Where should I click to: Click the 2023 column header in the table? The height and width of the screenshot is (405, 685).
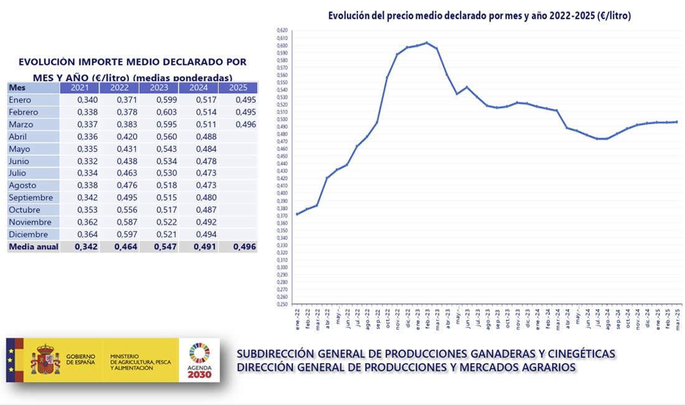(159, 87)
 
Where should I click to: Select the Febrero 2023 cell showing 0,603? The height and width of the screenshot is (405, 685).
(159, 112)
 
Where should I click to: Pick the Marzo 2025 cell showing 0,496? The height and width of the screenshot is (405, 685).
(239, 125)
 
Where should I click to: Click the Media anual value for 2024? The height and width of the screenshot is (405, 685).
(199, 247)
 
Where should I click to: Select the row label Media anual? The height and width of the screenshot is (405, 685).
(33, 247)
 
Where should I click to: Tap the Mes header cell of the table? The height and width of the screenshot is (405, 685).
(33, 87)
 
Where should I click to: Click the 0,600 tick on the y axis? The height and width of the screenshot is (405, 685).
(283, 45)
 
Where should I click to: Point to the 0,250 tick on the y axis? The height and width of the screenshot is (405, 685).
(283, 304)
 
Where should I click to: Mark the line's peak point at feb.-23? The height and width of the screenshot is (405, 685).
(427, 42)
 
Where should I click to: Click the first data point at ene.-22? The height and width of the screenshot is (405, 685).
(297, 214)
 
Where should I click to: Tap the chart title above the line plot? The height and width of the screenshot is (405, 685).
(479, 16)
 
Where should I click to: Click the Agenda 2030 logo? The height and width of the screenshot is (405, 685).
(199, 360)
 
